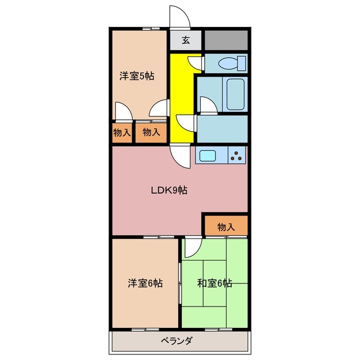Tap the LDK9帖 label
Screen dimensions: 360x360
click(169, 190)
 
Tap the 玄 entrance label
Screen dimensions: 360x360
click(186, 40)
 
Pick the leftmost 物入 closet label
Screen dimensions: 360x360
click(121, 133)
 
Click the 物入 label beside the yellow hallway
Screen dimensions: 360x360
click(151, 133)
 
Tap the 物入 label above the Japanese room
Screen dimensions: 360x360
click(226, 227)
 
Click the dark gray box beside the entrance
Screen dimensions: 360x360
click(226, 40)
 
